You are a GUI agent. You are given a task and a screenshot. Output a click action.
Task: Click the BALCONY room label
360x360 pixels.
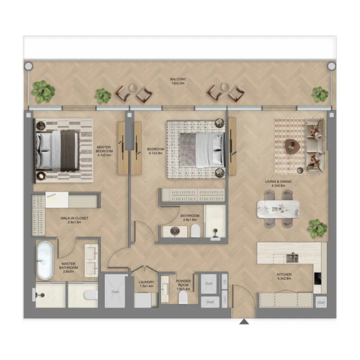pos(178,81)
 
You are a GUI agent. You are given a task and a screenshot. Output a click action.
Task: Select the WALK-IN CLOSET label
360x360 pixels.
pos(74,220)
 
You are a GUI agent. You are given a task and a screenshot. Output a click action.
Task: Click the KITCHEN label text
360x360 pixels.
pos(284,276)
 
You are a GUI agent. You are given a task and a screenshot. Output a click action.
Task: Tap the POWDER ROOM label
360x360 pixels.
pos(184,285)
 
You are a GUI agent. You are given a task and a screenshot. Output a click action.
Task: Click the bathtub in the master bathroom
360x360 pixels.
pos(45,261)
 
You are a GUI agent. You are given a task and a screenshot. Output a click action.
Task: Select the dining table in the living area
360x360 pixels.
pos(278,209)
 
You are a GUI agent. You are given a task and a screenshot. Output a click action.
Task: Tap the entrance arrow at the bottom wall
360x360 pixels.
pos(243,322)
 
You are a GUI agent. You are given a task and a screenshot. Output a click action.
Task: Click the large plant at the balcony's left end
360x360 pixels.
pos(43,91)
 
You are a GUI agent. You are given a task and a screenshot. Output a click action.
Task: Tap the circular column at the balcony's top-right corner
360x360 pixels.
pos(331,66)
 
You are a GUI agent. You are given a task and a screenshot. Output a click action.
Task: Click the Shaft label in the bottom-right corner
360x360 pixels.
pos(320,303)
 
